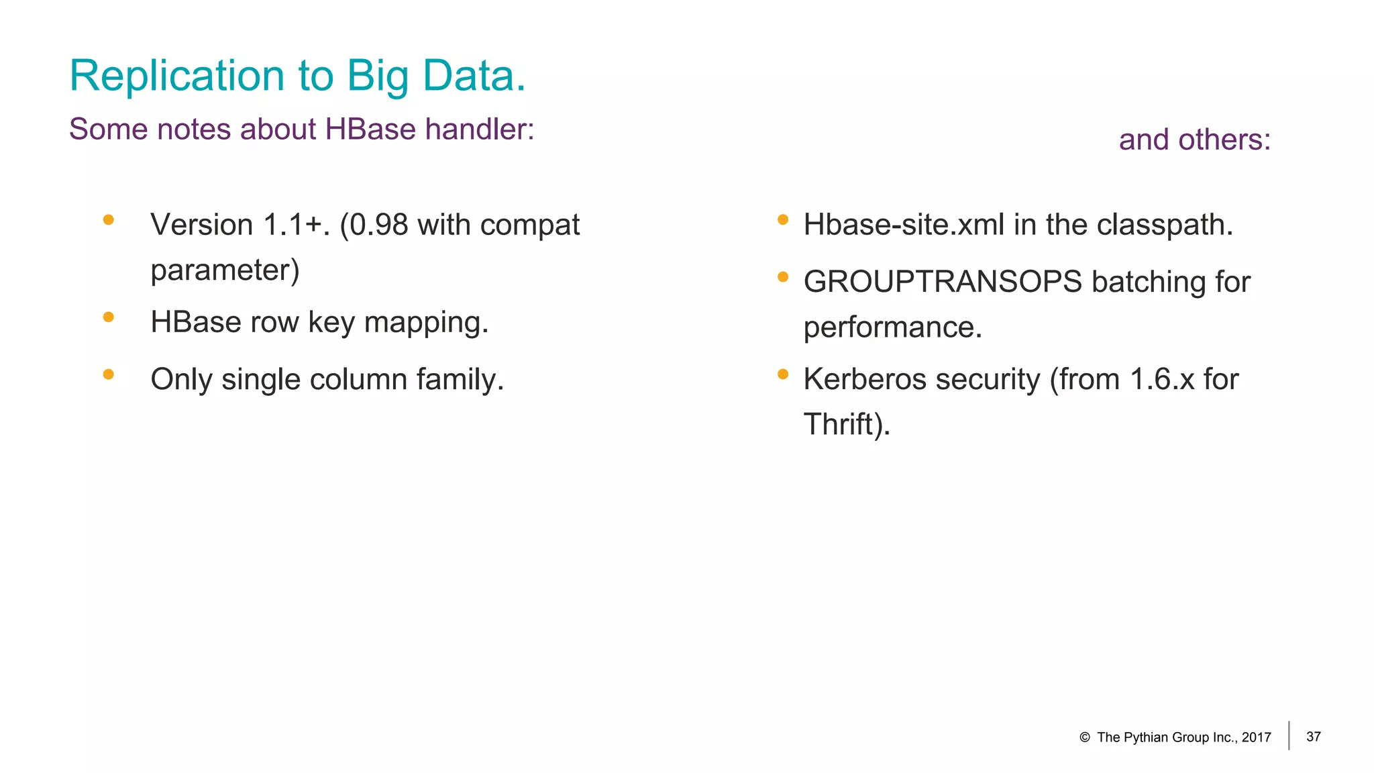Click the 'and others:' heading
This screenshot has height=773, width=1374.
click(x=1194, y=140)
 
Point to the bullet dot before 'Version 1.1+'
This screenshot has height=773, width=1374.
click(x=109, y=219)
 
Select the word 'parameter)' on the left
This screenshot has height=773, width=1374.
click(x=225, y=270)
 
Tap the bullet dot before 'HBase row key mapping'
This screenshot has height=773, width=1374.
click(x=109, y=317)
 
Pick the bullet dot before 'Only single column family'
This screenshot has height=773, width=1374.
click(x=109, y=374)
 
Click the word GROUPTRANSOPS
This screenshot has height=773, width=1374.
click(x=943, y=282)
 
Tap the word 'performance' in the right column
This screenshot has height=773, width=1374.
click(x=892, y=327)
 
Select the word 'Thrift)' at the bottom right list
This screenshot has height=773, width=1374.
click(x=847, y=425)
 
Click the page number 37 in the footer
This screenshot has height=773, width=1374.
click(x=1314, y=737)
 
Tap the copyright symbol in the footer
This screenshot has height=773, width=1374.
click(x=1084, y=737)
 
